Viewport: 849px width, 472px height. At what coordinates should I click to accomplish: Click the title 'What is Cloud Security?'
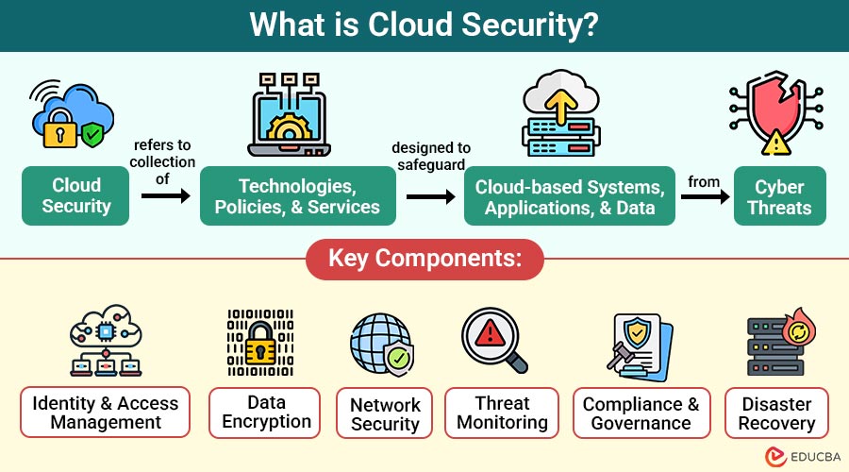click(x=424, y=25)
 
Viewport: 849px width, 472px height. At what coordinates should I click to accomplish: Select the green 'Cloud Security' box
click(x=76, y=196)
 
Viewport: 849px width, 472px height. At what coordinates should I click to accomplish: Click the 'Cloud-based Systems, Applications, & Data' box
click(x=570, y=196)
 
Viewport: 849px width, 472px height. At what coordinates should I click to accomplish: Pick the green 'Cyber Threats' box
click(x=780, y=196)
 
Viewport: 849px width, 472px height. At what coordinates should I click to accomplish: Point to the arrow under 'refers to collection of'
click(x=165, y=196)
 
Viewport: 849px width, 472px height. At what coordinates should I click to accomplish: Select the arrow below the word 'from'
click(x=706, y=197)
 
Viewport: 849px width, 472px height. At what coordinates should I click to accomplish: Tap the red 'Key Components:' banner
click(x=424, y=258)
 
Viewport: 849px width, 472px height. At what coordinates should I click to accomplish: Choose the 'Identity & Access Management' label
click(x=106, y=413)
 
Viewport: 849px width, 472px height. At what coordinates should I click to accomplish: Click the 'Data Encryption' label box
click(x=267, y=413)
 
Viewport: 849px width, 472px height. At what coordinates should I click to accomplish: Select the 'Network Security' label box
click(x=385, y=413)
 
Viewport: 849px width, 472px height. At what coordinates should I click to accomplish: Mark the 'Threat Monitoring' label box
click(x=502, y=413)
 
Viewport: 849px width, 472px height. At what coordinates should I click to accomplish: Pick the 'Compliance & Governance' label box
click(x=641, y=413)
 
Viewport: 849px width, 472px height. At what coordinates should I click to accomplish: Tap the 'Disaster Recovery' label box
click(x=776, y=413)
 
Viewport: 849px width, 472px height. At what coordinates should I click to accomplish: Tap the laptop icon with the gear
click(x=291, y=118)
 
